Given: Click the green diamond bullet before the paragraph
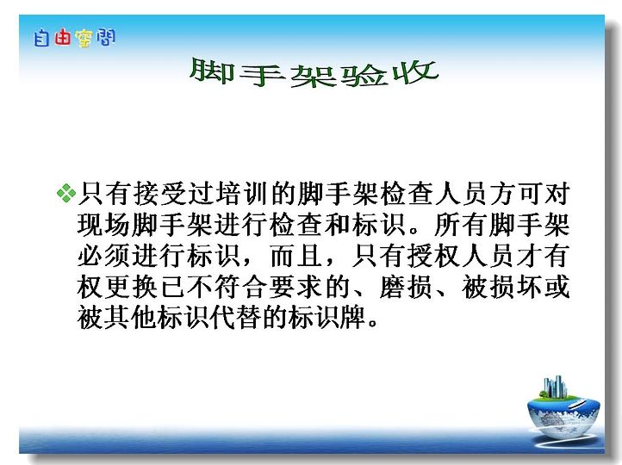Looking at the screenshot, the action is tap(66, 193).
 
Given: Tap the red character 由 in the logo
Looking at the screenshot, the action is tap(62, 38).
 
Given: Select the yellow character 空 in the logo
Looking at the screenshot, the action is tap(84, 39).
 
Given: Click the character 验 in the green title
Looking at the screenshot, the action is tap(364, 74).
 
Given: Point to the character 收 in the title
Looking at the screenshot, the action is tap(415, 72).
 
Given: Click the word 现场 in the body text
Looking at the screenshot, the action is tap(103, 225).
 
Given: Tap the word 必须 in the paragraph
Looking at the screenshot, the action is tap(103, 256).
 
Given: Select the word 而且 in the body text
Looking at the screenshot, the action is tap(296, 256).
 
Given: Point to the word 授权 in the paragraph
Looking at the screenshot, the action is tap(433, 256).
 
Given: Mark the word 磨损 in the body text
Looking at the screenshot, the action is tap(406, 287).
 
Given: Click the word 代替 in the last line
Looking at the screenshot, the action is tap(236, 318).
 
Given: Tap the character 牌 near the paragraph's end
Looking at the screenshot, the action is tap(352, 318).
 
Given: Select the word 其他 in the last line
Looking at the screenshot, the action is tap(131, 318).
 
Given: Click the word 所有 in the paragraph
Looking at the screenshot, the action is tap(461, 225).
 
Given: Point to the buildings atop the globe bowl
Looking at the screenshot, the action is tap(556, 387).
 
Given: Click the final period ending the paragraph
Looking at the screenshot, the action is tap(373, 322).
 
